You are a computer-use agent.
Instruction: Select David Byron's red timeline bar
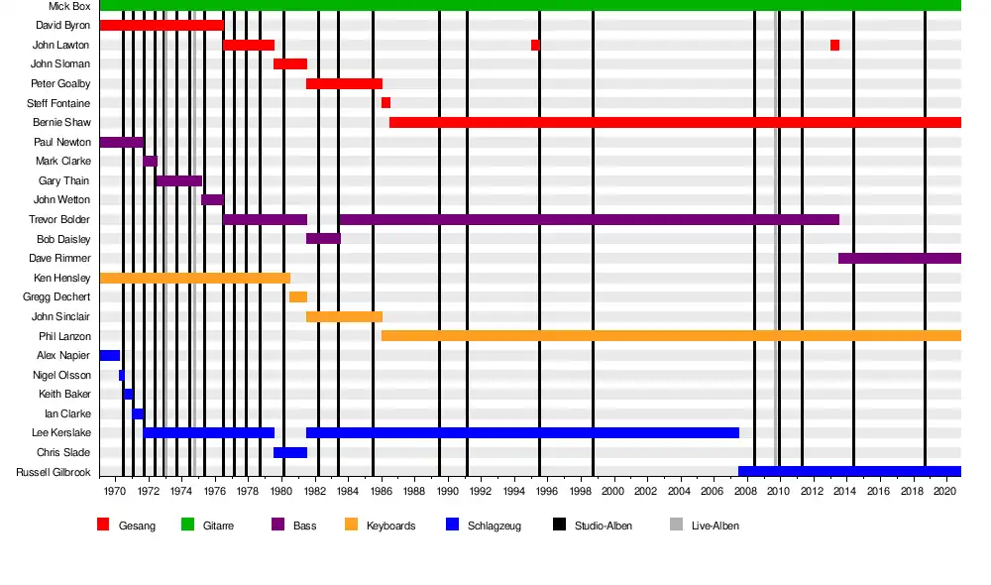pyautogui.click(x=162, y=25)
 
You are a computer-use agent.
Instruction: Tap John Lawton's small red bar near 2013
pyautogui.click(x=834, y=45)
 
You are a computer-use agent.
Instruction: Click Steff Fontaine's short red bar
pyautogui.click(x=385, y=103)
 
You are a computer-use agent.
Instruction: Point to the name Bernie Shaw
pyautogui.click(x=61, y=123)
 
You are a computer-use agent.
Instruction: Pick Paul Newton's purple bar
pyautogui.click(x=121, y=142)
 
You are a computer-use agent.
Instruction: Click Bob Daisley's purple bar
pyautogui.click(x=323, y=239)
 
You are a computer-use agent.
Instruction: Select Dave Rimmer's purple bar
pyautogui.click(x=899, y=259)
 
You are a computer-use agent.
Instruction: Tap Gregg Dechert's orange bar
pyautogui.click(x=297, y=297)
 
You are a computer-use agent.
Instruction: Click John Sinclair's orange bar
pyautogui.click(x=344, y=316)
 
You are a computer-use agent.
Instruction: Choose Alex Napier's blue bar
pyautogui.click(x=109, y=355)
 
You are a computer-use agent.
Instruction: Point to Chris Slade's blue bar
pyautogui.click(x=290, y=452)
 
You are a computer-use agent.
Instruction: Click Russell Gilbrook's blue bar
pyautogui.click(x=849, y=472)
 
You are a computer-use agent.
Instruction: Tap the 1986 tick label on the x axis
pyautogui.click(x=382, y=491)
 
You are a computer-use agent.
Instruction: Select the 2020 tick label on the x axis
pyautogui.click(x=944, y=491)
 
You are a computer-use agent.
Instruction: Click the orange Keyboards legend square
pyautogui.click(x=351, y=525)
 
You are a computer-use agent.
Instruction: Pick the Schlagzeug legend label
pyautogui.click(x=495, y=526)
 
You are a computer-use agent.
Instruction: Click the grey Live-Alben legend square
pyautogui.click(x=676, y=525)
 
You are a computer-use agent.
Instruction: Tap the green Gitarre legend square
pyautogui.click(x=187, y=525)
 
